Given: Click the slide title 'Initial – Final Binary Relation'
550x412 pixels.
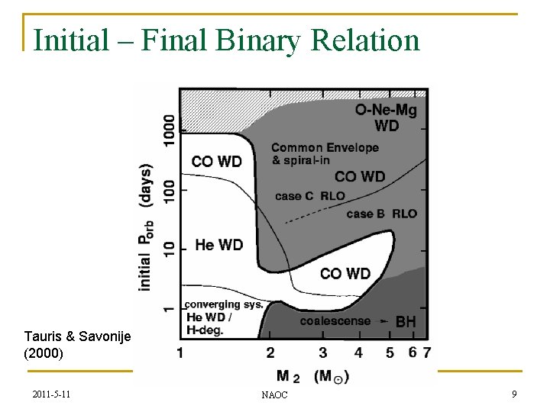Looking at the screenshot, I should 227,40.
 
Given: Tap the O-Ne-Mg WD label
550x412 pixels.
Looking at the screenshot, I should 387,118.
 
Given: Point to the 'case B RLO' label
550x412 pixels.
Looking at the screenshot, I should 382,214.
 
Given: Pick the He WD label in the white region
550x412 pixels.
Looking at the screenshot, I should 219,245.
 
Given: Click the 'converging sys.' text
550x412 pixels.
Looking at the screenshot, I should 224,304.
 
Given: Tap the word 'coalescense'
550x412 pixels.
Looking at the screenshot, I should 335,321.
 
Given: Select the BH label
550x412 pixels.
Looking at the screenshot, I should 406,323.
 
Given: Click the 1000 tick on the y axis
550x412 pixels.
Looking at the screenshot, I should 169,130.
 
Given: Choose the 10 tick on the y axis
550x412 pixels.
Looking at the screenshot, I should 169,249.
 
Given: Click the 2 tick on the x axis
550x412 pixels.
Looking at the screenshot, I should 270,352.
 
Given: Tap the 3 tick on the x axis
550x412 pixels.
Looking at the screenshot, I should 323,352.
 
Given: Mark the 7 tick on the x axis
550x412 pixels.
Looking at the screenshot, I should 426,352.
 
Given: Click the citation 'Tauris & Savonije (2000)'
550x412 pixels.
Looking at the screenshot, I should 77,345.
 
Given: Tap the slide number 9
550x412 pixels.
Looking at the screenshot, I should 514,394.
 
